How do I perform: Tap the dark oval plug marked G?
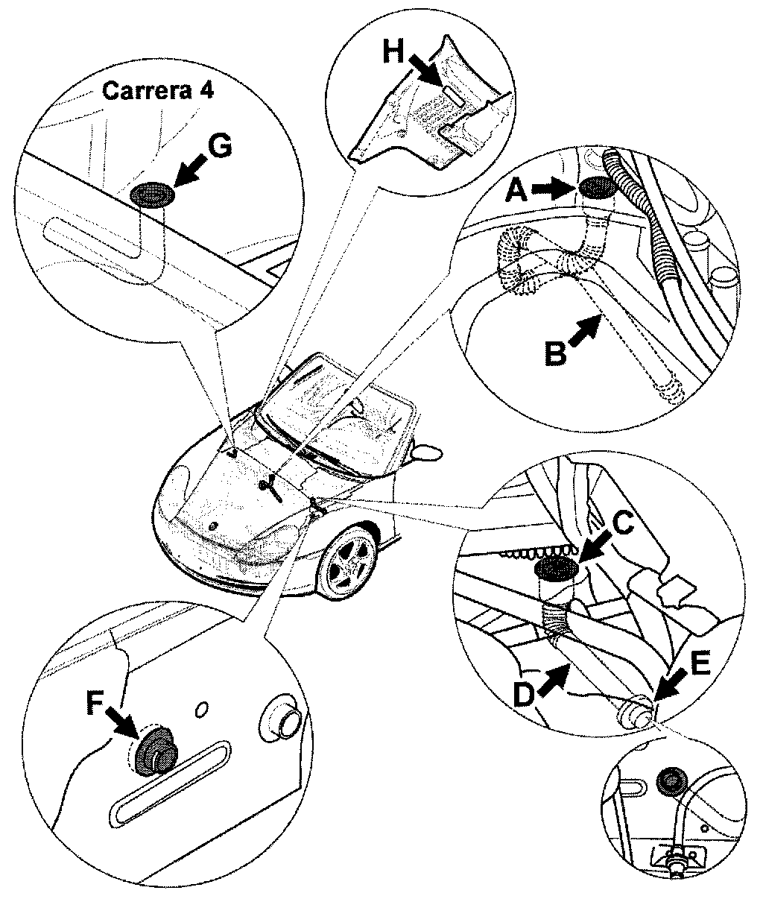tap(152, 194)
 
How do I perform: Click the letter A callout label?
tap(516, 192)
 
